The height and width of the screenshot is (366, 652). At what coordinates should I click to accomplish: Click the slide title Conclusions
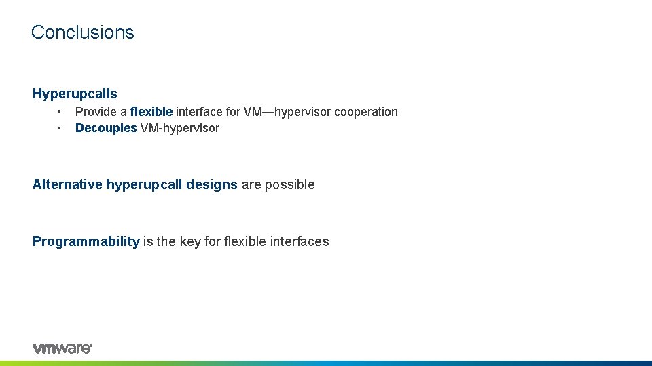click(82, 32)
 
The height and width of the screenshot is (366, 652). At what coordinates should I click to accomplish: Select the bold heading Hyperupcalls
click(75, 94)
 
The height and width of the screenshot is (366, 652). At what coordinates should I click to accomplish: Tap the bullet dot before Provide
click(60, 112)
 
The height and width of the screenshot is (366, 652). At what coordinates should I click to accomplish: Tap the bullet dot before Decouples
click(60, 128)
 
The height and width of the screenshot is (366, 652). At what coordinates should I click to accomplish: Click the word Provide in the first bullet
click(96, 112)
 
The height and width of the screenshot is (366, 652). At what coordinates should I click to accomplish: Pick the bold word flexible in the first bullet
click(151, 112)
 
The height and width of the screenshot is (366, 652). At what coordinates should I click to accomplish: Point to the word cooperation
click(364, 112)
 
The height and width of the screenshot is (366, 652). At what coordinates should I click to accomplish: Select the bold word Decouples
click(106, 128)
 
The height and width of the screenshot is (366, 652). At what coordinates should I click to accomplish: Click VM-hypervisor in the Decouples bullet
click(179, 128)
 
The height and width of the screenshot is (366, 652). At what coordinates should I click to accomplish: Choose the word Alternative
click(67, 184)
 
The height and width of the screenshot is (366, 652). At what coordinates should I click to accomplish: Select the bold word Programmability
click(86, 241)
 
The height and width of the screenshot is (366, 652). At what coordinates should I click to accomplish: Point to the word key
click(192, 241)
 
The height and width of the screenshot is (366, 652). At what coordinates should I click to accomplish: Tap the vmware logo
click(62, 348)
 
